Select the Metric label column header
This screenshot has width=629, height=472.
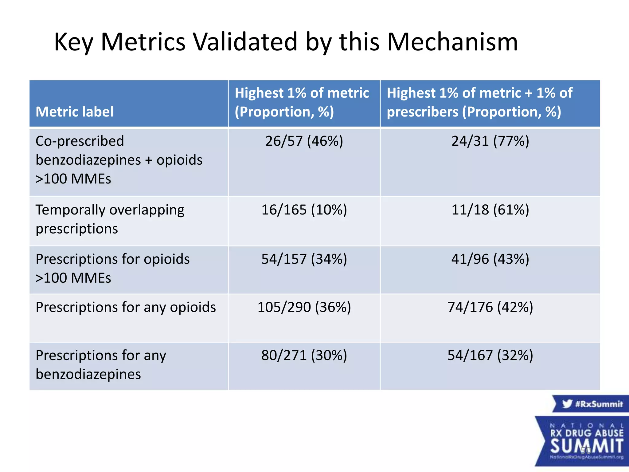pyautogui.click(x=75, y=112)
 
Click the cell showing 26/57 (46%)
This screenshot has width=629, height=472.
pyautogui.click(x=304, y=141)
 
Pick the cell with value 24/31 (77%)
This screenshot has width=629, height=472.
pyautogui.click(x=490, y=141)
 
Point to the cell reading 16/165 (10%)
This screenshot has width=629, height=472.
pyautogui.click(x=304, y=210)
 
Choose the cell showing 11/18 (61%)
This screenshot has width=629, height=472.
pyautogui.click(x=490, y=210)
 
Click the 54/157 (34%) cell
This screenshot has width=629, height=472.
pyautogui.click(x=304, y=259)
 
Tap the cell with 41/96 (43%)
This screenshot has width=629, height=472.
pyautogui.click(x=490, y=259)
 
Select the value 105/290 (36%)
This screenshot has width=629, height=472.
pyautogui.click(x=304, y=307)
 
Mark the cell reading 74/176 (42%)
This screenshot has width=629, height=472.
pyautogui.click(x=490, y=307)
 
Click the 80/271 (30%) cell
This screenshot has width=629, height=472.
pyautogui.click(x=304, y=356)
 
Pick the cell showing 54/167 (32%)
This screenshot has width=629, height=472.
pyautogui.click(x=490, y=356)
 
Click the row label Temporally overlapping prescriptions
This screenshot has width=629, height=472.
pyautogui.click(x=110, y=219)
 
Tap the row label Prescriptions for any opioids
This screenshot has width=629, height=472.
pyautogui.click(x=126, y=307)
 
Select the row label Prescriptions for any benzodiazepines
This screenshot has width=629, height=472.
pyautogui.click(x=101, y=365)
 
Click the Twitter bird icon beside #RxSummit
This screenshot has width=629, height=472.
pyautogui.click(x=567, y=403)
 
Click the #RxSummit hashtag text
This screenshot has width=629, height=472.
pyautogui.click(x=599, y=404)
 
